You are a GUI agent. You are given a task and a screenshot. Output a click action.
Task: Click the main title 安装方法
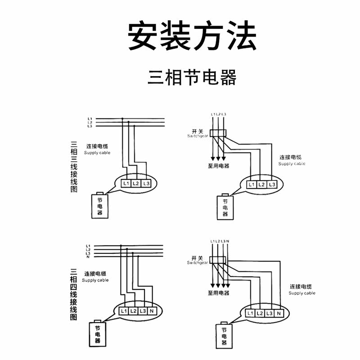[x=192, y=36]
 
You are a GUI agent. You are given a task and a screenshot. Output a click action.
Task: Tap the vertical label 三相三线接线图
[x=73, y=166]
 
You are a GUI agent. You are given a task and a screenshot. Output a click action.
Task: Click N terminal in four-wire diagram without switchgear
[x=153, y=311]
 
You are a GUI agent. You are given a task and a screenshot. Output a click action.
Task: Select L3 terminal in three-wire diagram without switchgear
[x=145, y=184]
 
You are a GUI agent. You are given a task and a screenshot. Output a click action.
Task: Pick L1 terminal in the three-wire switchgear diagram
[x=251, y=184]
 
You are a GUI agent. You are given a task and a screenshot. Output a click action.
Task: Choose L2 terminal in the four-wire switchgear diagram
[x=260, y=313]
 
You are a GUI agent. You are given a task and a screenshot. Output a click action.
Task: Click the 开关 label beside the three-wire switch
[x=197, y=130]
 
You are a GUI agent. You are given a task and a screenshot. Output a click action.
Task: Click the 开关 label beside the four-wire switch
[x=197, y=258]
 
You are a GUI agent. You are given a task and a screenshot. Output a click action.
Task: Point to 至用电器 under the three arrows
[x=218, y=166]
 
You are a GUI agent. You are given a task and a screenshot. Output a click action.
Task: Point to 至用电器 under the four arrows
[x=218, y=293]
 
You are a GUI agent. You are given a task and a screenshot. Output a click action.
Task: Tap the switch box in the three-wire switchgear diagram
[x=218, y=132]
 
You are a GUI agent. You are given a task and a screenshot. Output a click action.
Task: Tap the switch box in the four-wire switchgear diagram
[x=219, y=260]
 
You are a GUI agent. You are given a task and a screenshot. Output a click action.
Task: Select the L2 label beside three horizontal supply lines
[x=90, y=122]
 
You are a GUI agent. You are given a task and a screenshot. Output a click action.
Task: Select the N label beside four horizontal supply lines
[x=88, y=257]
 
